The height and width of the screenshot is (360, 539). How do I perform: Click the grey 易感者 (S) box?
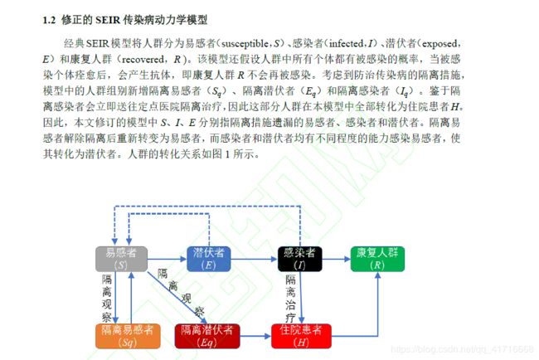(122, 258)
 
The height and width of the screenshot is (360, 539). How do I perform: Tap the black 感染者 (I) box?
(299, 258)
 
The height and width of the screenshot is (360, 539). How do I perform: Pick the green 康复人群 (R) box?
(378, 258)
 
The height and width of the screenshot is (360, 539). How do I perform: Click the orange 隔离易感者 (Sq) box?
(127, 335)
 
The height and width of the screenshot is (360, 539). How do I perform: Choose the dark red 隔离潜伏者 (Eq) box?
(207, 335)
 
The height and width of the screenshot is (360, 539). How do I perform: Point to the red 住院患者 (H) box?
(301, 335)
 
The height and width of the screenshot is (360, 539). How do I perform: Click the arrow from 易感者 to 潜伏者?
(167, 258)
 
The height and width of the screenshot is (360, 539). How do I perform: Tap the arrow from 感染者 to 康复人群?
(336, 258)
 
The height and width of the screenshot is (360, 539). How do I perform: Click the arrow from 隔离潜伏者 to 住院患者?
(255, 335)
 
